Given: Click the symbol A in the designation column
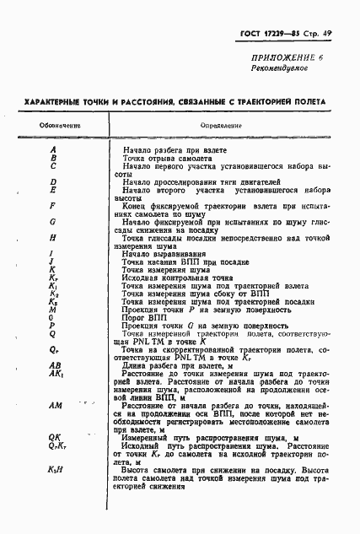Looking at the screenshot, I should click(x=52, y=149).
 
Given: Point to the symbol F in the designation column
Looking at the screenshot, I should click(x=52, y=205).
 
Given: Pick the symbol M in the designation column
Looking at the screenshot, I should click(x=52, y=310).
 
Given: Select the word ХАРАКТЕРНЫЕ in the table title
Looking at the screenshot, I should click(x=56, y=101).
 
